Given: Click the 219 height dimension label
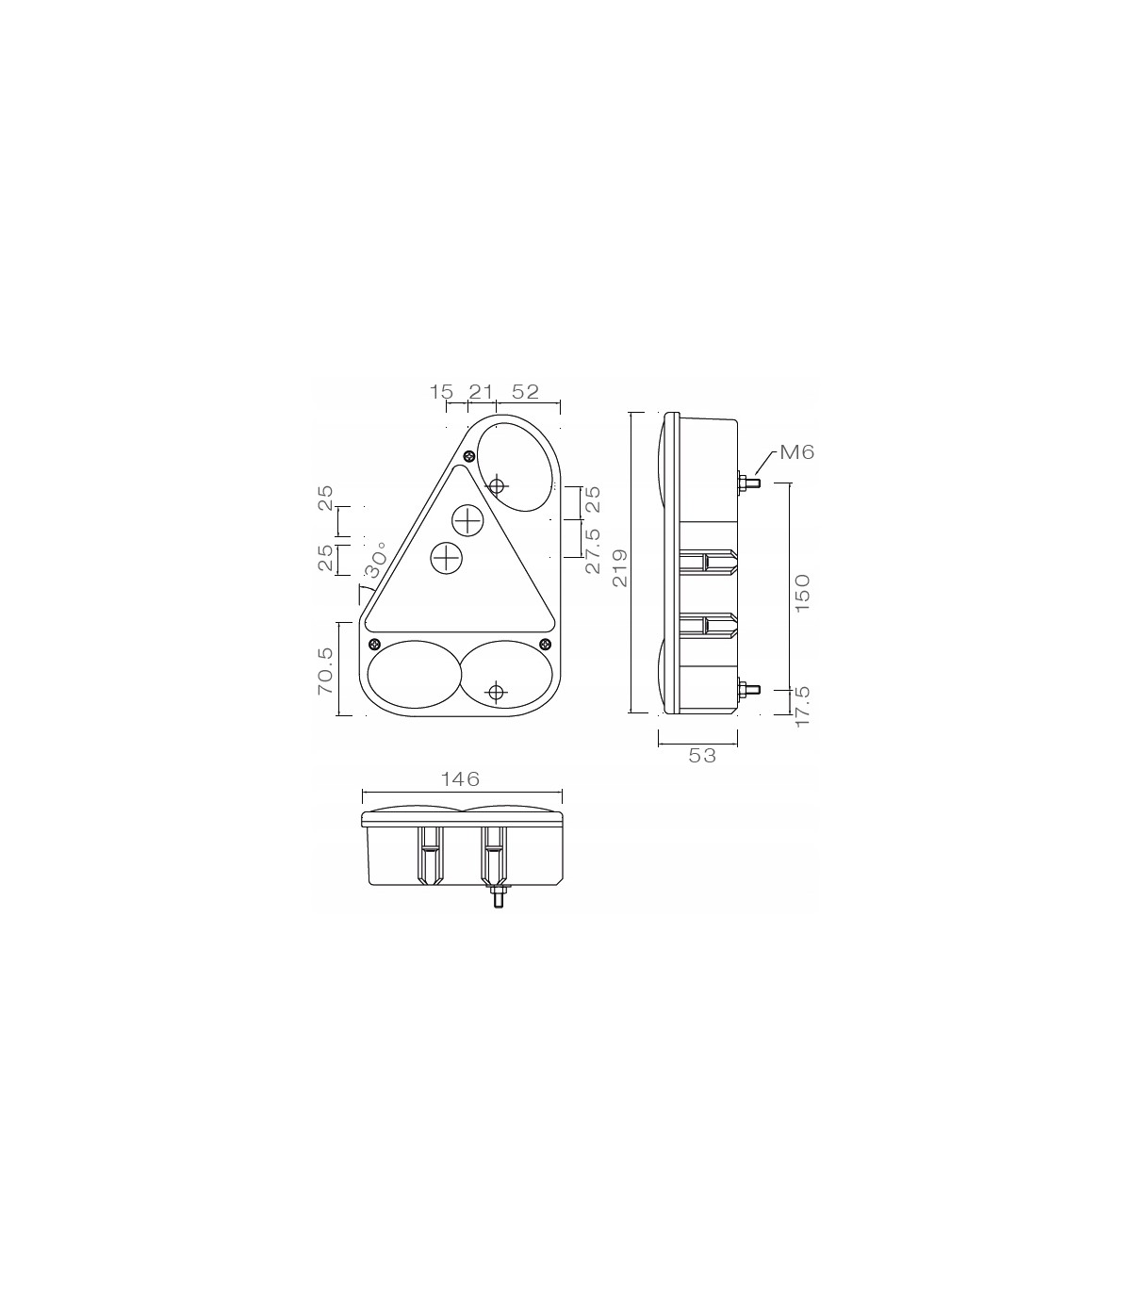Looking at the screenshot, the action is (620, 567).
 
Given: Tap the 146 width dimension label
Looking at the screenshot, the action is (460, 779).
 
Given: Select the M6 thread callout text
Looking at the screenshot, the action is (796, 451).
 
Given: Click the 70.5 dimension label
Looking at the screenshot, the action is (325, 670).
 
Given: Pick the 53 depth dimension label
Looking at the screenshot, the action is (702, 756).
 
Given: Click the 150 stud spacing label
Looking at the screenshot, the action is (802, 593).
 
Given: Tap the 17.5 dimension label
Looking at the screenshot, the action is (802, 707).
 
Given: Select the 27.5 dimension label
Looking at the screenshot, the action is (593, 550).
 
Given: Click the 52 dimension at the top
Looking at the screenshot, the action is (525, 392).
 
